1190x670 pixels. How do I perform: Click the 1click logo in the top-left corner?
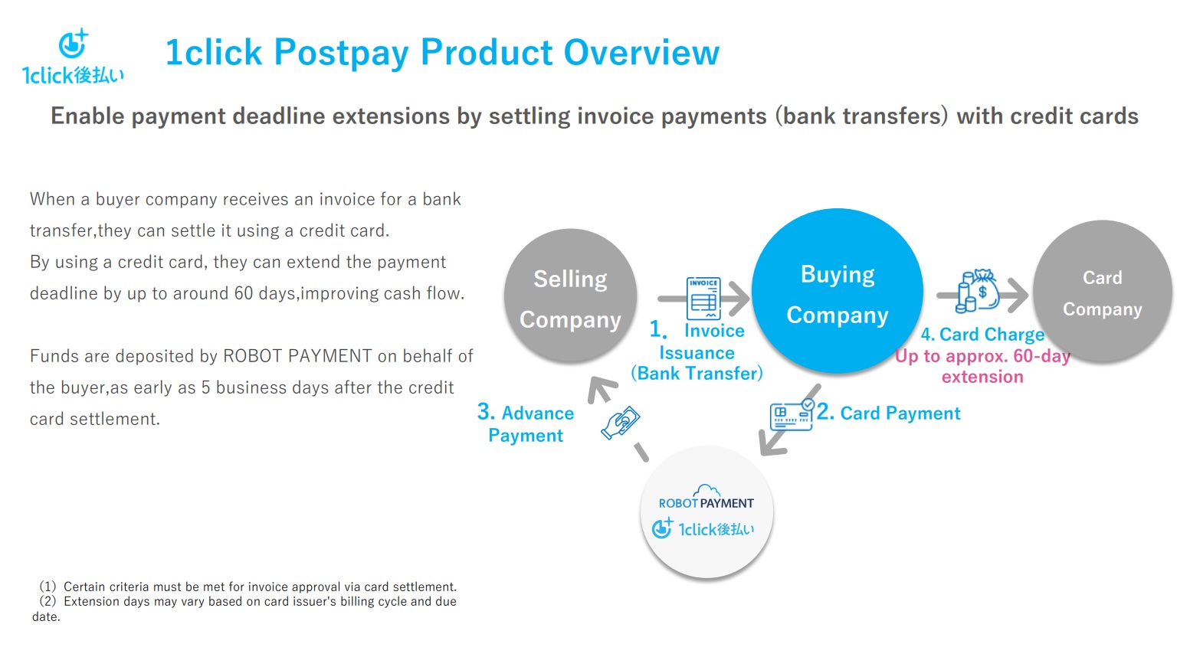73,56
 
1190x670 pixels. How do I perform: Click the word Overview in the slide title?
641,52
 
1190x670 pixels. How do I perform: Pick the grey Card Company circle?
1103,292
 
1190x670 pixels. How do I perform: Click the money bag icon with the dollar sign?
978,291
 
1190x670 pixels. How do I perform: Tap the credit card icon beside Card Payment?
792,415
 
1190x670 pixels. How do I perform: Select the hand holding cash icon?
621,422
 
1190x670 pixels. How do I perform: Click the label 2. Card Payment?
888,413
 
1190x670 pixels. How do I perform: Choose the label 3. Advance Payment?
526,423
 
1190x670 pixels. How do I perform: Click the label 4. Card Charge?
982,334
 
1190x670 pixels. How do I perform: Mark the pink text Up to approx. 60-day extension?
982,366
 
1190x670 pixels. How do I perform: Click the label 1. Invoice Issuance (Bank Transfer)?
697,351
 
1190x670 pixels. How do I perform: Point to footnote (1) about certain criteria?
248,587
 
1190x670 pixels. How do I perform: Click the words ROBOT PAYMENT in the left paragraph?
297,356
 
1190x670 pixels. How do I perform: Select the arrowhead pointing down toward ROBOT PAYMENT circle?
772,443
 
